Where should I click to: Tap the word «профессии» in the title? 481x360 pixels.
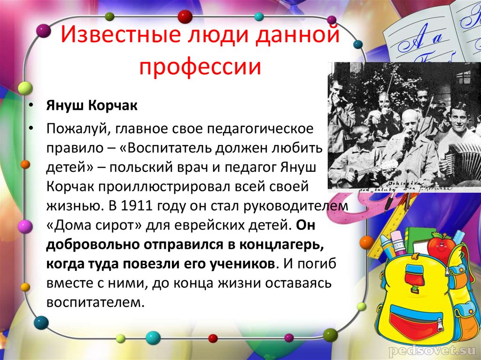(x=200, y=66)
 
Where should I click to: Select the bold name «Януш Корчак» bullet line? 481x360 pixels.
(x=92, y=106)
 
